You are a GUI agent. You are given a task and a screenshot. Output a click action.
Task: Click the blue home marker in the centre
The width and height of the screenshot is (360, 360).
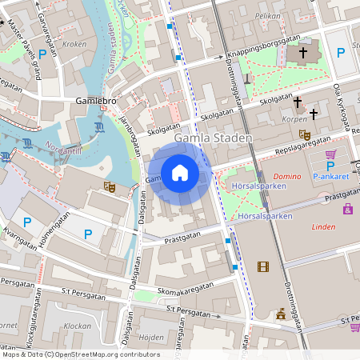pos(179,173)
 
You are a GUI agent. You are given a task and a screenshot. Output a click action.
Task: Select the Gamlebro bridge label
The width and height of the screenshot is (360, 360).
pos(95,102)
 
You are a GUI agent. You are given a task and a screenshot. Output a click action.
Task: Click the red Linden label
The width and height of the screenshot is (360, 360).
pos(322,227)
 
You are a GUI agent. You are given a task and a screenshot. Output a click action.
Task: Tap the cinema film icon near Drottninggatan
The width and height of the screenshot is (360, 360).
pos(263,266)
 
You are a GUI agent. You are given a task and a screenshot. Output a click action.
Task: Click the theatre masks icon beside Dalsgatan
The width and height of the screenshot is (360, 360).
pos(110,186)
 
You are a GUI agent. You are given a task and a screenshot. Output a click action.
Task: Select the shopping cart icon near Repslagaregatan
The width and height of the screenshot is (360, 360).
pos(330,154)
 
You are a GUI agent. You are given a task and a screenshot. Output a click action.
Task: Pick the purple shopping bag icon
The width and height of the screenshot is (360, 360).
pos(348,209)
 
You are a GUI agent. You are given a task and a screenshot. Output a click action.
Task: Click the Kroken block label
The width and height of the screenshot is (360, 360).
pos(74,45)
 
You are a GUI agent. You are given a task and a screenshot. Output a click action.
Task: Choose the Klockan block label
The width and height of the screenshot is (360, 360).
pos(77,326)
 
